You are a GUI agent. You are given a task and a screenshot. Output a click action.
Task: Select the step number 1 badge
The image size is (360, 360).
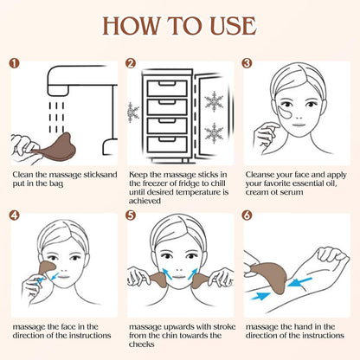(13, 63)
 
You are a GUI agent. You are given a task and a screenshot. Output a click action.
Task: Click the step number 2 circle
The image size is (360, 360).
(131, 63)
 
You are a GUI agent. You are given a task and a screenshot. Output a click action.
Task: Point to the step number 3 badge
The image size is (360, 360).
(247, 63)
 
